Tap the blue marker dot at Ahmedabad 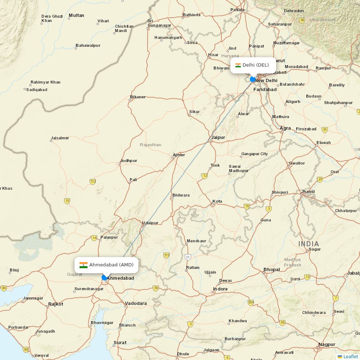point(104,278)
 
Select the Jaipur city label point(218,137)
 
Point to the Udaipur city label point(150,223)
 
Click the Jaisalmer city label point(60,138)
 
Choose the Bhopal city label point(271,269)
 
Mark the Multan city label point(76,15)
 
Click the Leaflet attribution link point(350,356)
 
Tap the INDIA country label point(309,244)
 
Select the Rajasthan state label point(150,145)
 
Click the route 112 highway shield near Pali point(93,181)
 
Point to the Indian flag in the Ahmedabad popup point(84,265)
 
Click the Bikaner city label point(138,97)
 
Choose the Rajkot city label point(55,304)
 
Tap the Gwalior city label point(297,163)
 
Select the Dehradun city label point(294,11)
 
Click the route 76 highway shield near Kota point(247,206)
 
